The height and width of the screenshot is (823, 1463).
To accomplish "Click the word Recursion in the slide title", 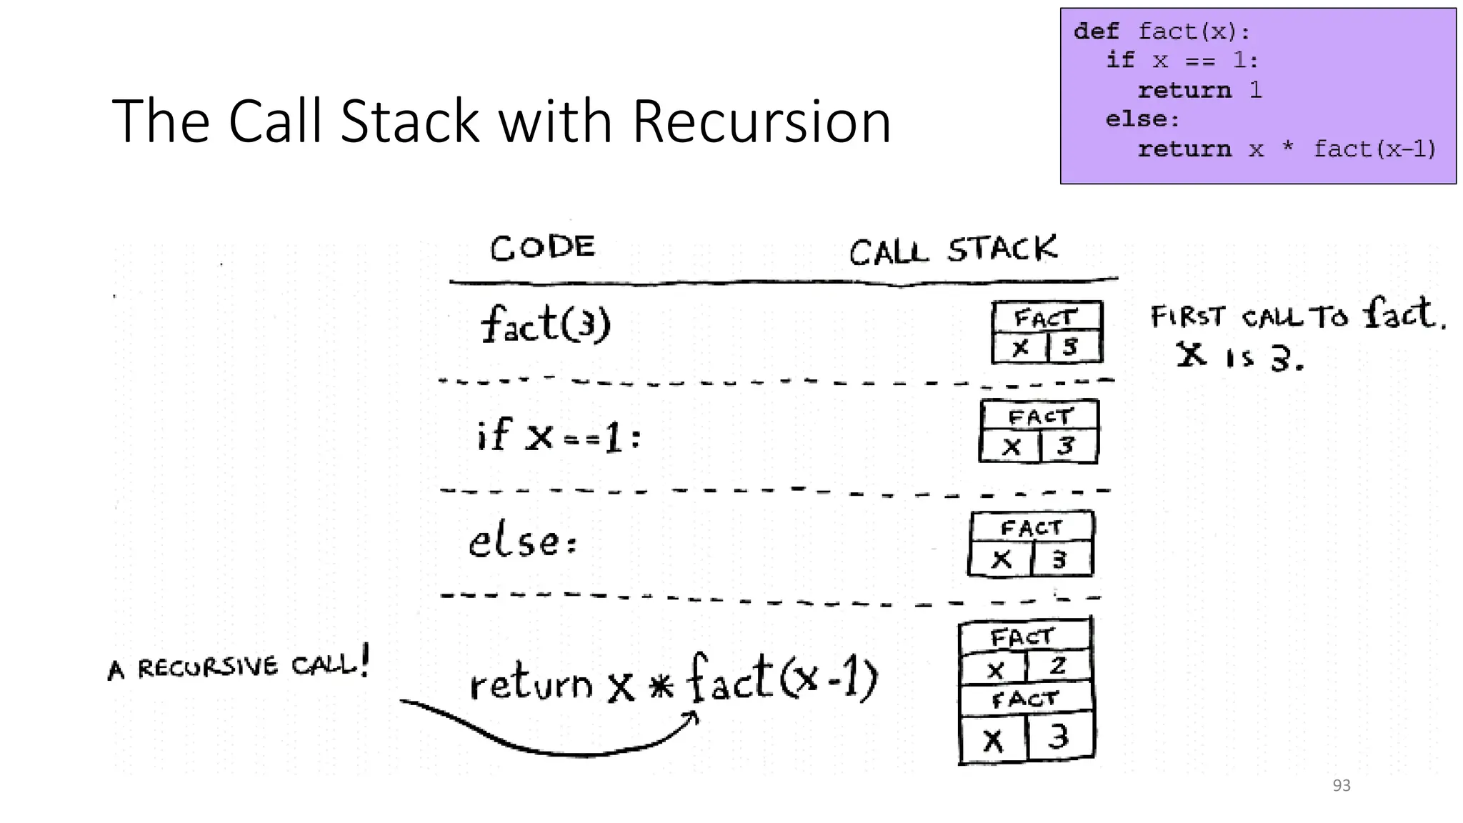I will pyautogui.click(x=762, y=121).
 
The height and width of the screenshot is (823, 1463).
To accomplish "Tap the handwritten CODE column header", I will pyautogui.click(x=542, y=248).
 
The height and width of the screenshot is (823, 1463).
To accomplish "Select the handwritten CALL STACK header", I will pyautogui.click(x=953, y=250).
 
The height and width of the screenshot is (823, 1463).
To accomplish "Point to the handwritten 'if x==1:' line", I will pyautogui.click(x=559, y=435).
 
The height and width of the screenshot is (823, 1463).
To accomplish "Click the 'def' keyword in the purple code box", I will pyautogui.click(x=1096, y=31).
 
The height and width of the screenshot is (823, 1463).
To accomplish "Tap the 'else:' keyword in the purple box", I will pyautogui.click(x=1142, y=119).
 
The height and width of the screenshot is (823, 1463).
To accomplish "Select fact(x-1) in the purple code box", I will pyautogui.click(x=1374, y=149).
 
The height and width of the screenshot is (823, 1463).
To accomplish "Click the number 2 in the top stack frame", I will pyautogui.click(x=1058, y=666).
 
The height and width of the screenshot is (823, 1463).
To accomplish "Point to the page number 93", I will pyautogui.click(x=1342, y=785).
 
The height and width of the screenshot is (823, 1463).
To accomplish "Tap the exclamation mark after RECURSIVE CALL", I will pyautogui.click(x=365, y=660).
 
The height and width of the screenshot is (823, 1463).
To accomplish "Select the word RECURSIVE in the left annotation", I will pyautogui.click(x=208, y=667).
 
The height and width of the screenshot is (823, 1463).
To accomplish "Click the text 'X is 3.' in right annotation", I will pyautogui.click(x=1240, y=355).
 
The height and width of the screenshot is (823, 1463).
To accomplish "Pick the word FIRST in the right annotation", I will pyautogui.click(x=1187, y=316).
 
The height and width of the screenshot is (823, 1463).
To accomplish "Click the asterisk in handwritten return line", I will pyautogui.click(x=661, y=687).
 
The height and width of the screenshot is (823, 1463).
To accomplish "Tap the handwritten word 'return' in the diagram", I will pyautogui.click(x=531, y=684).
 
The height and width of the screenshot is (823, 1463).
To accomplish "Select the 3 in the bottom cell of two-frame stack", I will pyautogui.click(x=1059, y=737).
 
